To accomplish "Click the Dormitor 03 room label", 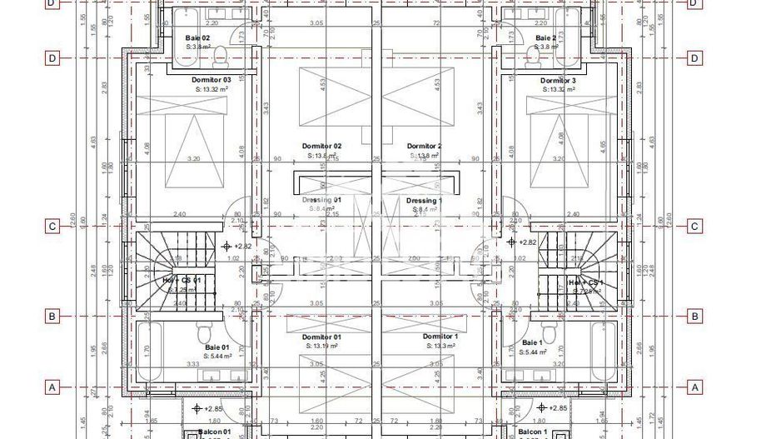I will (x=211, y=80).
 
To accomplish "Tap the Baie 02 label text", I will (x=197, y=38).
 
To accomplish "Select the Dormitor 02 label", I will (x=321, y=146).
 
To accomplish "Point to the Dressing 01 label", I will (x=321, y=200).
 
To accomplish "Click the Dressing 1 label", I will (x=424, y=201).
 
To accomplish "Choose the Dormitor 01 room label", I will (x=321, y=337).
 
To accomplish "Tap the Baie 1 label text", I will (x=532, y=342).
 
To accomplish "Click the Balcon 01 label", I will (x=214, y=432).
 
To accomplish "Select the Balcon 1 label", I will (x=533, y=432).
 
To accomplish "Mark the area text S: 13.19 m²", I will (x=321, y=346).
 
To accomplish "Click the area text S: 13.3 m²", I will (x=438, y=346).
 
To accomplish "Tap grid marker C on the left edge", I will (x=52, y=226).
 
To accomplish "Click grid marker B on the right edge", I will (x=694, y=317).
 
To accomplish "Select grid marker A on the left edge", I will (x=52, y=387).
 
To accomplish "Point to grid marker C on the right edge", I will (x=694, y=226).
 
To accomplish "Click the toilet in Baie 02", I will (x=221, y=55).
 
